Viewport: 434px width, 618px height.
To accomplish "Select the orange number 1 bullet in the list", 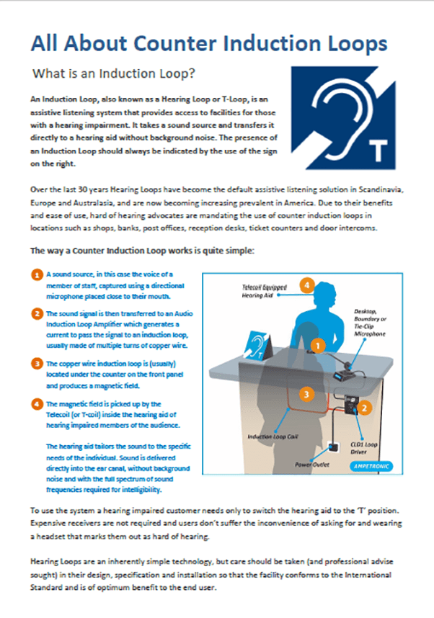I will tap(37, 275).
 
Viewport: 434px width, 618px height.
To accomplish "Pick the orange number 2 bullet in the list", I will tap(37, 315).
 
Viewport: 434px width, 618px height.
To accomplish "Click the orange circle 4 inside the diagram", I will tap(307, 287).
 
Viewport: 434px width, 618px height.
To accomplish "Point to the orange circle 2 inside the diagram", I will tap(365, 408).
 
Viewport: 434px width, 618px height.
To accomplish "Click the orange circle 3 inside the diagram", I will tap(306, 394).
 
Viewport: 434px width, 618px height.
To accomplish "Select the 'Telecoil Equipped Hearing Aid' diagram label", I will tap(263, 291).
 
